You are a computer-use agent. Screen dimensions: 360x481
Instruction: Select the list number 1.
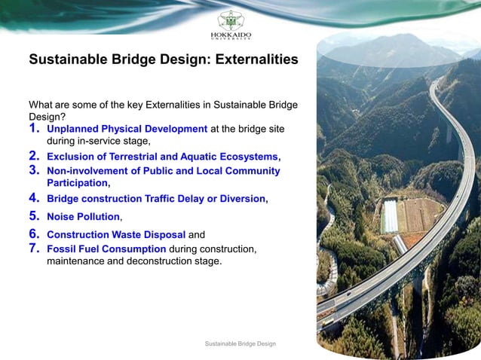tap(34, 129)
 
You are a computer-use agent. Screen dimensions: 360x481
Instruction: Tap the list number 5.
tap(34, 216)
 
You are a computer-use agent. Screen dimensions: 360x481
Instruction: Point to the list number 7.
tap(34, 248)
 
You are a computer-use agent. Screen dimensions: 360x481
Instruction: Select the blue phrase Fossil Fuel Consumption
tap(106, 249)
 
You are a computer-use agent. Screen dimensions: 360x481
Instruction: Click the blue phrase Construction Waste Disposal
tap(115, 234)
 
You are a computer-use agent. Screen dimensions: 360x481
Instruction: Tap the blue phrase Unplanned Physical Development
tap(127, 129)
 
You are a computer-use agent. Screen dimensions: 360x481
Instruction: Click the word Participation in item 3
tap(77, 183)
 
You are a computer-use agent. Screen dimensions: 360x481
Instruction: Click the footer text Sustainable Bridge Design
tap(240, 344)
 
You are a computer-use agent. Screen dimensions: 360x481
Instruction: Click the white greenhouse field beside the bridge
tap(390, 216)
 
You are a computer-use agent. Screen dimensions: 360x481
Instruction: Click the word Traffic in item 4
tap(165, 200)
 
